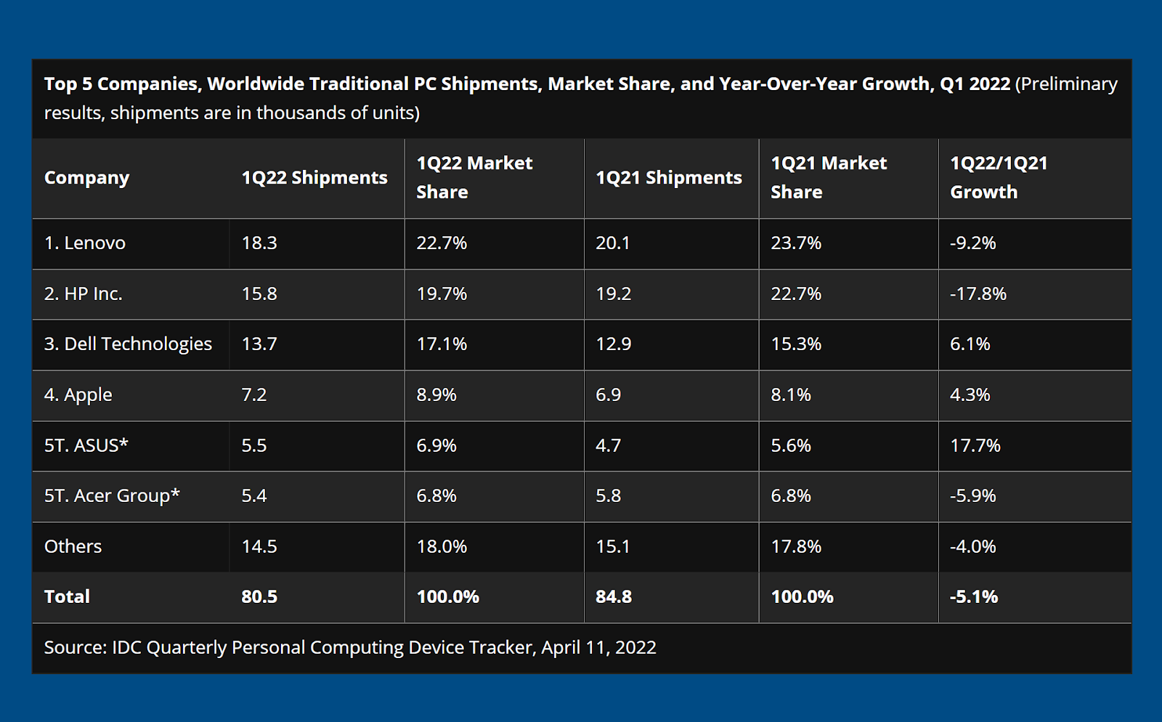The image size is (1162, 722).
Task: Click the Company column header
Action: pyautogui.click(x=86, y=178)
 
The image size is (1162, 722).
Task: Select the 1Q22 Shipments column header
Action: pyautogui.click(x=314, y=178)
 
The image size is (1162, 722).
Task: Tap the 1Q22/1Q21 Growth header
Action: pyautogui.click(x=999, y=178)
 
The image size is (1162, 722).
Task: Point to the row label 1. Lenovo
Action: pyautogui.click(x=84, y=243)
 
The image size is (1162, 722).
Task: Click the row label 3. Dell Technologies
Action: pyautogui.click(x=128, y=344)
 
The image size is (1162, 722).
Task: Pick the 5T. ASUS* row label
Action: pyautogui.click(x=86, y=445)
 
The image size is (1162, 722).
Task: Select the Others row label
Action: pyautogui.click(x=73, y=546)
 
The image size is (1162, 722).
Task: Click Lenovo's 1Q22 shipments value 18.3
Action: pyautogui.click(x=259, y=243)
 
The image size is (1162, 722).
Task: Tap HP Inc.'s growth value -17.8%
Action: pyautogui.click(x=978, y=294)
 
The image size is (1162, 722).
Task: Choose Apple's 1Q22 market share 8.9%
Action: pyautogui.click(x=436, y=395)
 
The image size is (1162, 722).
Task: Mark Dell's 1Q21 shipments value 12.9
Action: pyautogui.click(x=613, y=344)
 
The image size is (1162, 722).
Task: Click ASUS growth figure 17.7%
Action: pyautogui.click(x=975, y=445)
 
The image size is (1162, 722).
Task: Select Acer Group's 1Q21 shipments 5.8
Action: pyautogui.click(x=608, y=496)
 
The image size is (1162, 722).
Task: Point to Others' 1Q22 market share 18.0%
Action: pyautogui.click(x=442, y=546)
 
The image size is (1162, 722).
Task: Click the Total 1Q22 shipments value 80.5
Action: pyautogui.click(x=259, y=597)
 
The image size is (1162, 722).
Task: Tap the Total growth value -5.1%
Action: pyautogui.click(x=973, y=597)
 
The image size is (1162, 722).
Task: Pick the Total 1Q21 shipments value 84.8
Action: pyautogui.click(x=613, y=597)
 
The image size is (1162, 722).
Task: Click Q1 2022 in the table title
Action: pyautogui.click(x=975, y=84)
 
